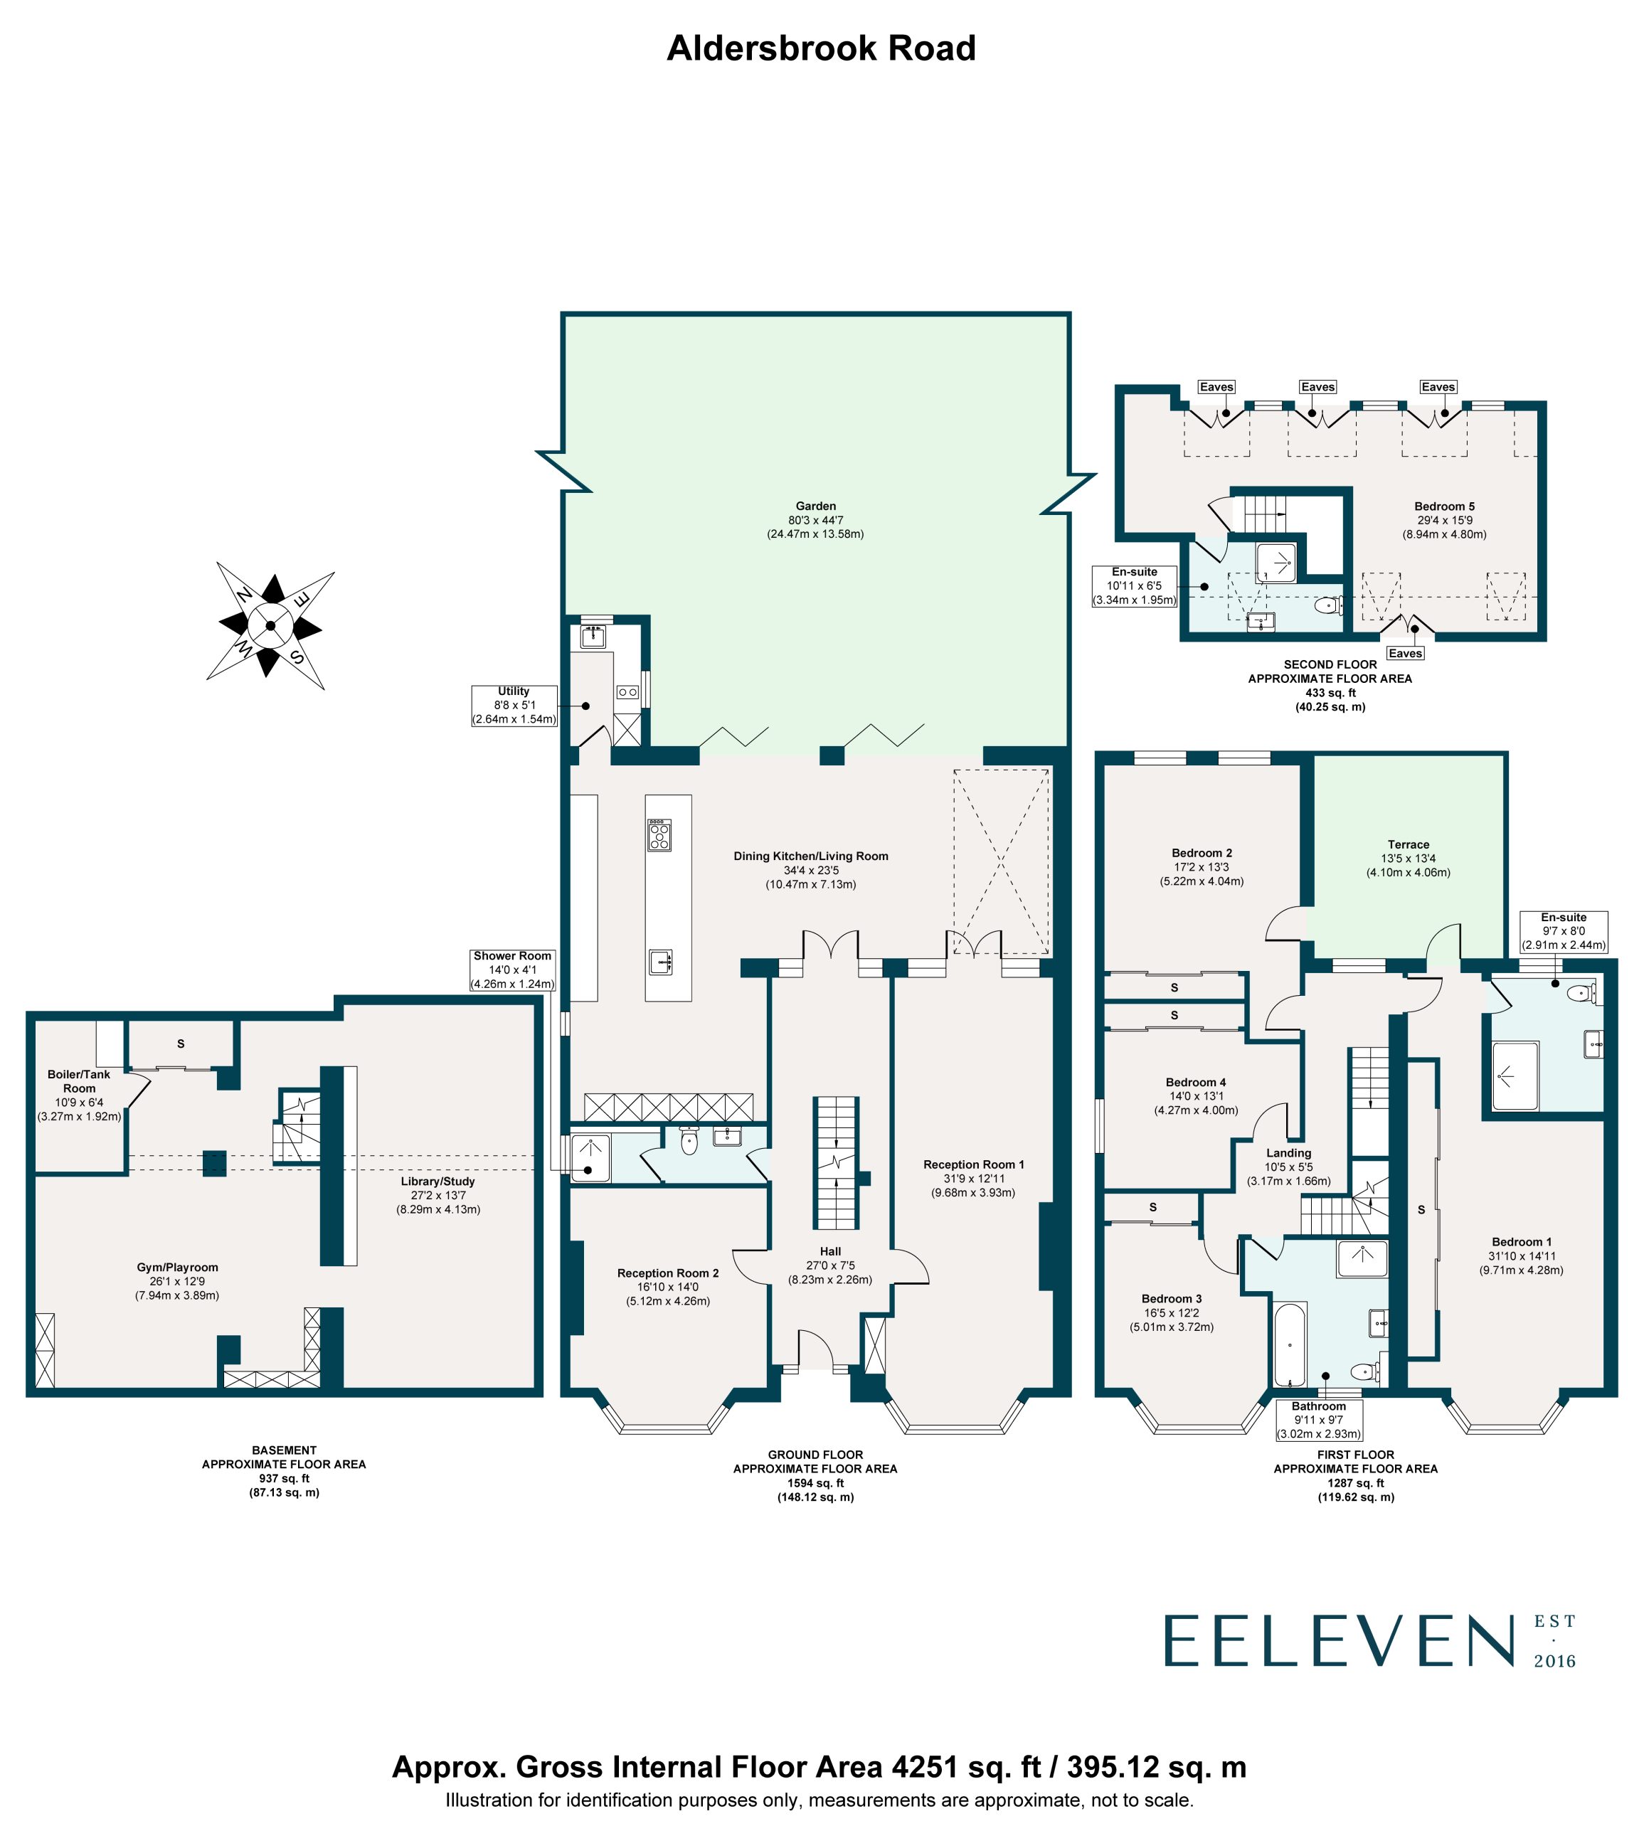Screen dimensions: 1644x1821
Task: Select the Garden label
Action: click(x=816, y=506)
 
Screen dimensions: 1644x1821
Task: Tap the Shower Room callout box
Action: click(x=512, y=970)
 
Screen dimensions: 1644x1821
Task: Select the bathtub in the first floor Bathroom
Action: click(x=1289, y=1344)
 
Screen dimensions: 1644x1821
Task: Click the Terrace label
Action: click(x=1409, y=844)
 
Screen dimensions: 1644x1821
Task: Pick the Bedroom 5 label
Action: click(x=1444, y=506)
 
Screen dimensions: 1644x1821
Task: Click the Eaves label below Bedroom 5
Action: click(x=1405, y=653)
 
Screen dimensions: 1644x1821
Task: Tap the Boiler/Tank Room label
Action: click(x=80, y=1081)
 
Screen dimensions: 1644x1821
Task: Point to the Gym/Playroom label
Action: click(x=177, y=1268)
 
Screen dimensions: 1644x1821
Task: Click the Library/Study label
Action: click(x=438, y=1182)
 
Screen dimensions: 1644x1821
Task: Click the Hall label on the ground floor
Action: click(x=830, y=1251)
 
